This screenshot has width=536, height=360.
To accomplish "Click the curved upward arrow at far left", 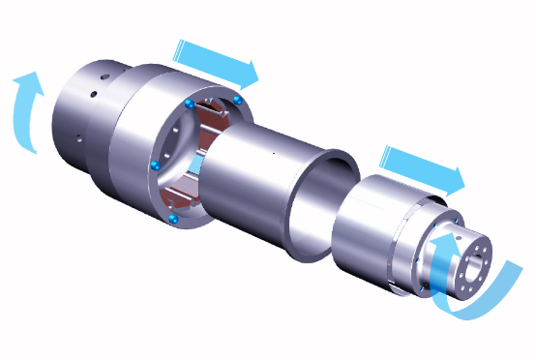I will tap(27, 111).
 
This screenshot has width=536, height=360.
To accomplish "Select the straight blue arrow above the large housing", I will tap(217, 60).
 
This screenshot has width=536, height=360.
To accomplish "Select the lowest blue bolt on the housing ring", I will tap(173, 221).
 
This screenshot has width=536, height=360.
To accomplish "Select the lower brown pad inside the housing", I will tap(184, 198).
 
